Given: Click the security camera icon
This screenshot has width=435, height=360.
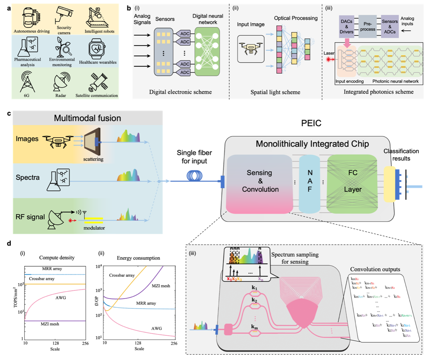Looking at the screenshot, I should pos(64,15).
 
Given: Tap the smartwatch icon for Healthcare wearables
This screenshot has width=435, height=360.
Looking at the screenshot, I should pos(97,49).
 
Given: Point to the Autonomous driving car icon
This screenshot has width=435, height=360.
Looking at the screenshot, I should pos(31,17).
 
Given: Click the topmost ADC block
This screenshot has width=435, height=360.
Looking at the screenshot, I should pos(184,34).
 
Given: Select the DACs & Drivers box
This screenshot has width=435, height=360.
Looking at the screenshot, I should pos(347,26).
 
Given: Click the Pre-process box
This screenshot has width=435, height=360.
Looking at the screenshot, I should pos(368,26).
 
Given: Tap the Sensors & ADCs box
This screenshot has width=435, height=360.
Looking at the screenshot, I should pos(390,26).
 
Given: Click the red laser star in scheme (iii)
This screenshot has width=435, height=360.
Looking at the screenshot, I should pos(330,60).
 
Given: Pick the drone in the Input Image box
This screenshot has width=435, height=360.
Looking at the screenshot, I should pos(251,48).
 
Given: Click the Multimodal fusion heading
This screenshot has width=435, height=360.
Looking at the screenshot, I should pos(87,118).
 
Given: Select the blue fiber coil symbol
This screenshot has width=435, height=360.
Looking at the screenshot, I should pos(194,176).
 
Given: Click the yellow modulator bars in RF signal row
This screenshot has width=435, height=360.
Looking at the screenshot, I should pos(94,220).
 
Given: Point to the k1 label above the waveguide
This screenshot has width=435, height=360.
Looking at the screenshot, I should pos(254,288).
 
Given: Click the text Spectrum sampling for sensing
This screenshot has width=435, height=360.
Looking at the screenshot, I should pos(295,258).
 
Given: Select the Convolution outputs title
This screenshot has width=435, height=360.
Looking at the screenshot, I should pos(375,269).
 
